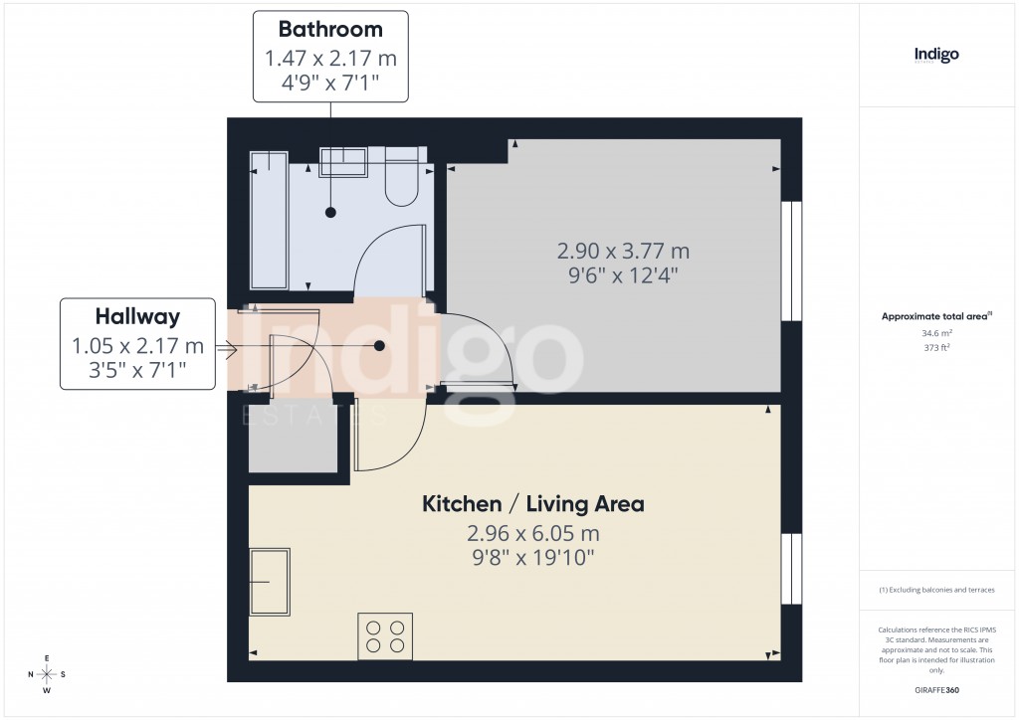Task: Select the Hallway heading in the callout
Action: [x=137, y=316]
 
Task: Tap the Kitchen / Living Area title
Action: [x=533, y=504]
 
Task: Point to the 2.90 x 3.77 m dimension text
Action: [x=623, y=251]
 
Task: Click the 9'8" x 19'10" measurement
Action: [x=533, y=558]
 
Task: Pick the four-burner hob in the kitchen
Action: [x=385, y=636]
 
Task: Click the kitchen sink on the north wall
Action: [x=269, y=581]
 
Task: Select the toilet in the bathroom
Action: [x=402, y=179]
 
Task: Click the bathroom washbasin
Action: [x=344, y=162]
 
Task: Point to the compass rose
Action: [x=46, y=674]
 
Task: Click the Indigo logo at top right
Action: [x=936, y=56]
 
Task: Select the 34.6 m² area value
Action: [x=936, y=333]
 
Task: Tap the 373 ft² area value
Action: [x=936, y=348]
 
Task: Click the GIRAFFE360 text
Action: [x=938, y=690]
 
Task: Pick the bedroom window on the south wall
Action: [x=791, y=262]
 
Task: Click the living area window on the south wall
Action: [x=791, y=569]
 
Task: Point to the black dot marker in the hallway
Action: [x=379, y=346]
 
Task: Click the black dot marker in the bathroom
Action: [x=330, y=212]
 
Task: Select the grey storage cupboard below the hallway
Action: [x=293, y=439]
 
